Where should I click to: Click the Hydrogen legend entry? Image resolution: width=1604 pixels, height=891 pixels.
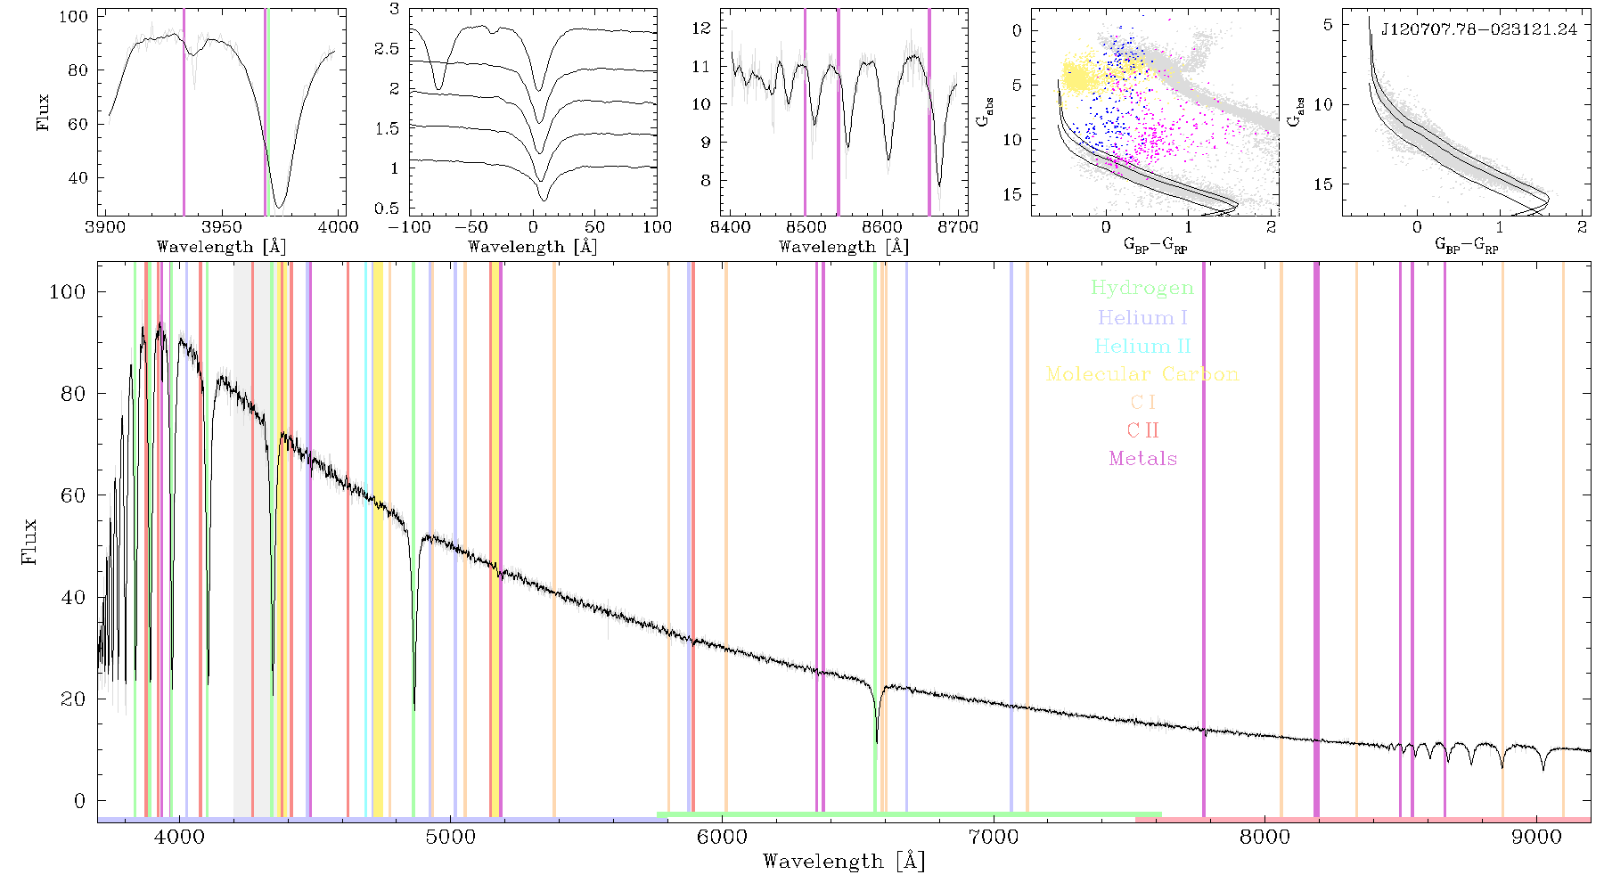1142,288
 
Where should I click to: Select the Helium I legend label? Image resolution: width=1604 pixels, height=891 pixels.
1142,317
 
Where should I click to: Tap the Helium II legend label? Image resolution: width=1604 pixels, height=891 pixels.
1142,346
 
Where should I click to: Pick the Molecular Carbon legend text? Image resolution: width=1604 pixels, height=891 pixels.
1142,374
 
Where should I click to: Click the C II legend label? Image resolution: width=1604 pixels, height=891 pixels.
1142,430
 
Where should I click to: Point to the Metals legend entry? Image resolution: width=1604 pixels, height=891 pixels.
1142,459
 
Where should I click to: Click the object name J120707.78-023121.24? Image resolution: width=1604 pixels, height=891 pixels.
1479,29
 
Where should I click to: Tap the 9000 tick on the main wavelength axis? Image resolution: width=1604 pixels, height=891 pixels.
1537,837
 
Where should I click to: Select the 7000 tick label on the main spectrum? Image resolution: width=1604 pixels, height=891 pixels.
994,837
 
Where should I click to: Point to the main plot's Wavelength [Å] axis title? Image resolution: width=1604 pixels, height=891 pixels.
844,862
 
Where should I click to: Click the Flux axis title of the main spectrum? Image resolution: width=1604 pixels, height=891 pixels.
30,541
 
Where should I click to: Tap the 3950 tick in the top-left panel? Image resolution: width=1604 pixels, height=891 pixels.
221,227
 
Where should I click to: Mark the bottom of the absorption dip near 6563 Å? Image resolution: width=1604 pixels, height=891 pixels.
877,742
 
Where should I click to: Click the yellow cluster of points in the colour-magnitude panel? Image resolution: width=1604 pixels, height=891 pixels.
1079,77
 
